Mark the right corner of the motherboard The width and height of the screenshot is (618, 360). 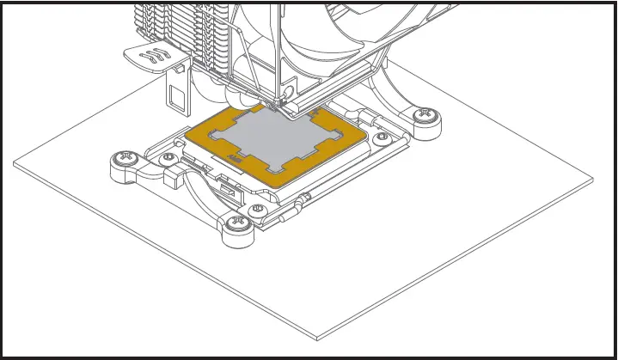pyautogui.click(x=592, y=180)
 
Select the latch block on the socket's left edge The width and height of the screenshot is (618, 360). pyautogui.click(x=170, y=177)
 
